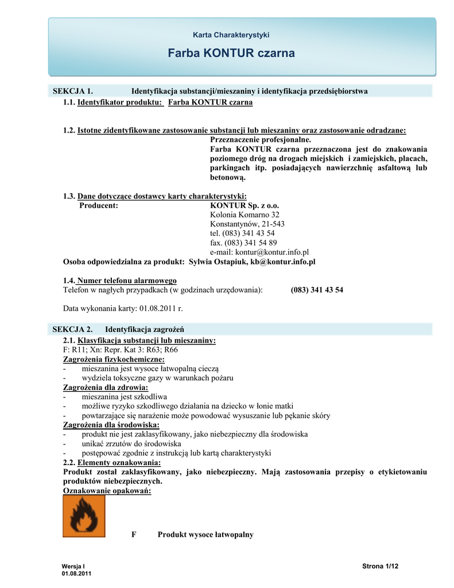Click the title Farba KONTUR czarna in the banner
[231, 53]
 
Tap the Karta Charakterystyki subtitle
[231, 35]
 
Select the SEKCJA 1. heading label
[73, 91]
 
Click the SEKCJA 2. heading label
[73, 329]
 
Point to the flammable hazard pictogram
[84, 516]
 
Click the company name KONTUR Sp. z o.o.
[245, 205]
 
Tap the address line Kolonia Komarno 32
[245, 214]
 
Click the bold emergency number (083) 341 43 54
[317, 290]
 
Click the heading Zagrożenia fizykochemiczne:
[108, 359]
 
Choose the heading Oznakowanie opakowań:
[107, 491]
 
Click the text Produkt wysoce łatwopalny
[205, 535]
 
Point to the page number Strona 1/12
[381, 567]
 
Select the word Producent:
[99, 205]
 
